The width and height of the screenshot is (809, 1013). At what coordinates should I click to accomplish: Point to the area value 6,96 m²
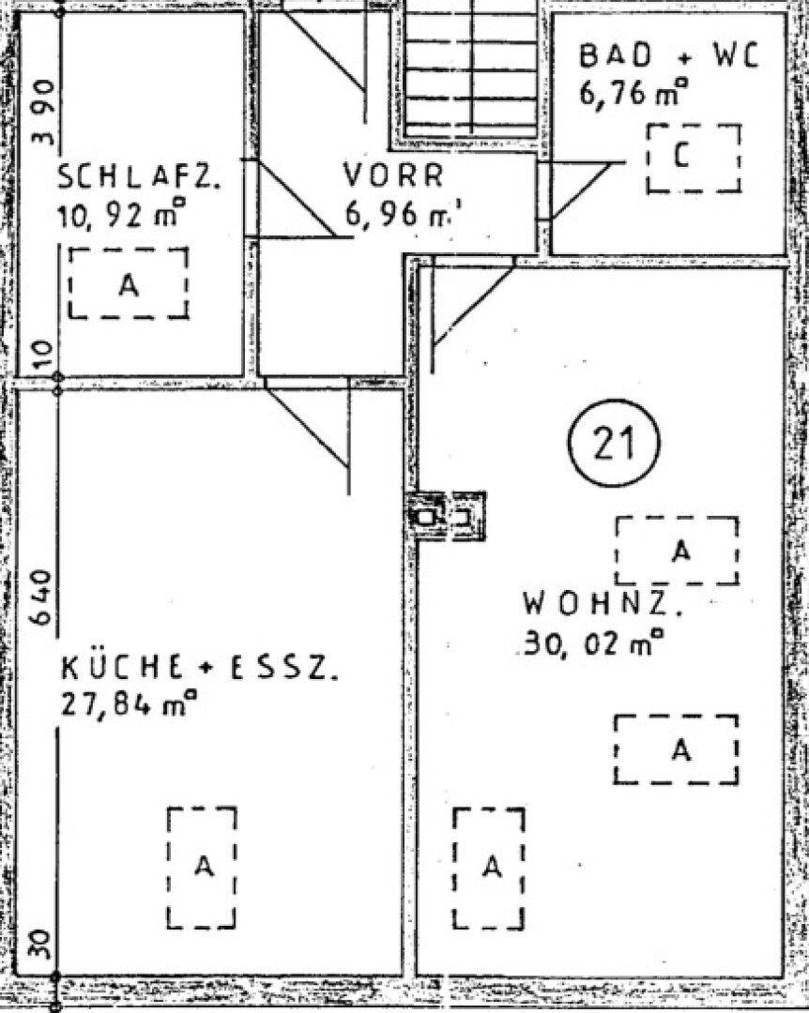pyautogui.click(x=399, y=215)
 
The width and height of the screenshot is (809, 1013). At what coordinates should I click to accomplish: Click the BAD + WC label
pyautogui.click(x=667, y=56)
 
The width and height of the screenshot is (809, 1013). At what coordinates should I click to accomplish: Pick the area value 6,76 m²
pyautogui.click(x=633, y=95)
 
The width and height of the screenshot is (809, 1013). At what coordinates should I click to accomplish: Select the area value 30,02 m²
pyautogui.click(x=593, y=644)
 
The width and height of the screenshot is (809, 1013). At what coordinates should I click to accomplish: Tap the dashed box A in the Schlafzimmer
pyautogui.click(x=129, y=284)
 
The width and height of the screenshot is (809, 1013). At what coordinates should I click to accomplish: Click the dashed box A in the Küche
pyautogui.click(x=202, y=868)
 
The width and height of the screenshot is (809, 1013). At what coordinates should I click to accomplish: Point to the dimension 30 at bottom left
pyautogui.click(x=39, y=943)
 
